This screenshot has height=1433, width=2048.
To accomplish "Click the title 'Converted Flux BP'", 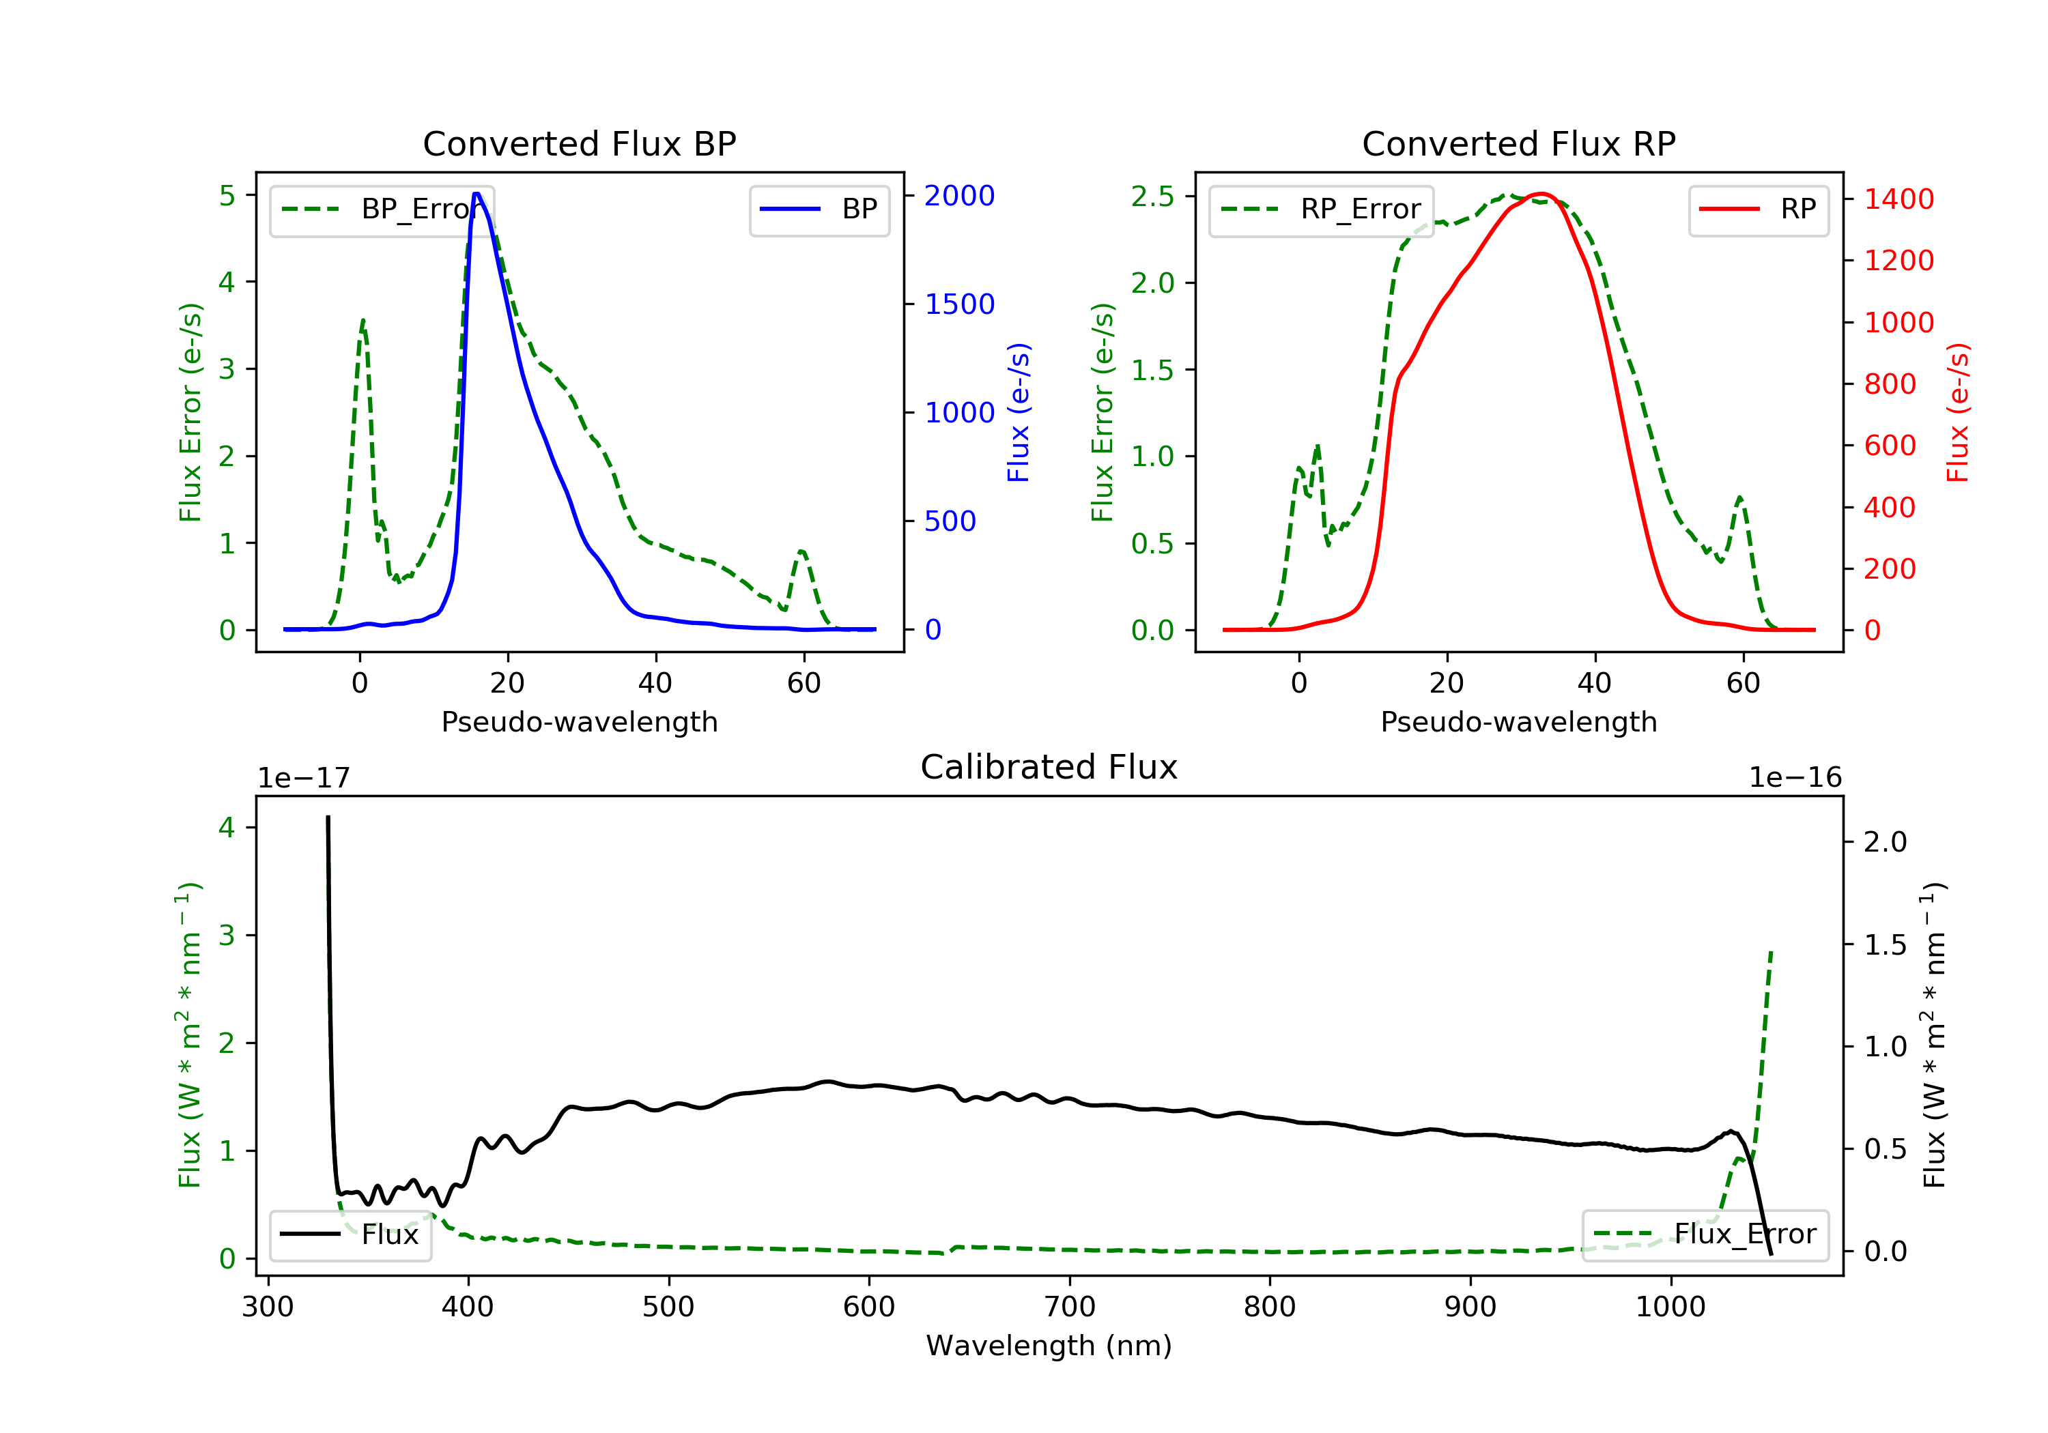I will point(579,143).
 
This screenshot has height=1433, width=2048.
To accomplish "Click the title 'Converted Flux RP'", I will point(1518,143).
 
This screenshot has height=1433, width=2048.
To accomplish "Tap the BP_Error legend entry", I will point(382,209).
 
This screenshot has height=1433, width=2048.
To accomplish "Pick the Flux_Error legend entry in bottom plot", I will point(1705,1234).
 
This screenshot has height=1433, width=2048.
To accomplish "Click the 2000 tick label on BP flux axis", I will point(959,195).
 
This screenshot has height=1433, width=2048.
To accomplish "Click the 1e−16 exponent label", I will point(1795,778).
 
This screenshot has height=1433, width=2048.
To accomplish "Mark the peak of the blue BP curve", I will point(477,194).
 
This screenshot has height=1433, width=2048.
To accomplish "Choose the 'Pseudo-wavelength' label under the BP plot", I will point(579,721).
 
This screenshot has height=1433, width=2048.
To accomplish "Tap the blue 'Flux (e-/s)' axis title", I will point(1018,412).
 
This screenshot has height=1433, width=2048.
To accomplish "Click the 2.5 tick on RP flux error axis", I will point(1152,196).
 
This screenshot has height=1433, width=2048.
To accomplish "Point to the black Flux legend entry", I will point(351,1234).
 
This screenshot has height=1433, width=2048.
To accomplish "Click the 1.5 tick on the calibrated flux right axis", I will point(1885,944).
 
